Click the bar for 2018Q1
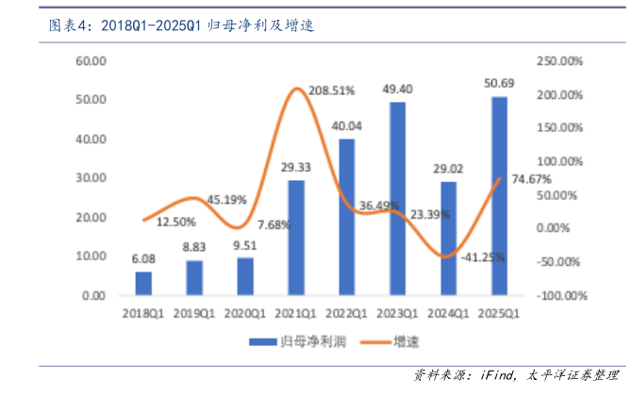143,283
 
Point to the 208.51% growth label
331,91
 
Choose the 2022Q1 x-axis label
346,312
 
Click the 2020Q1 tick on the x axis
245,312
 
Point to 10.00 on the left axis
91,256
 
